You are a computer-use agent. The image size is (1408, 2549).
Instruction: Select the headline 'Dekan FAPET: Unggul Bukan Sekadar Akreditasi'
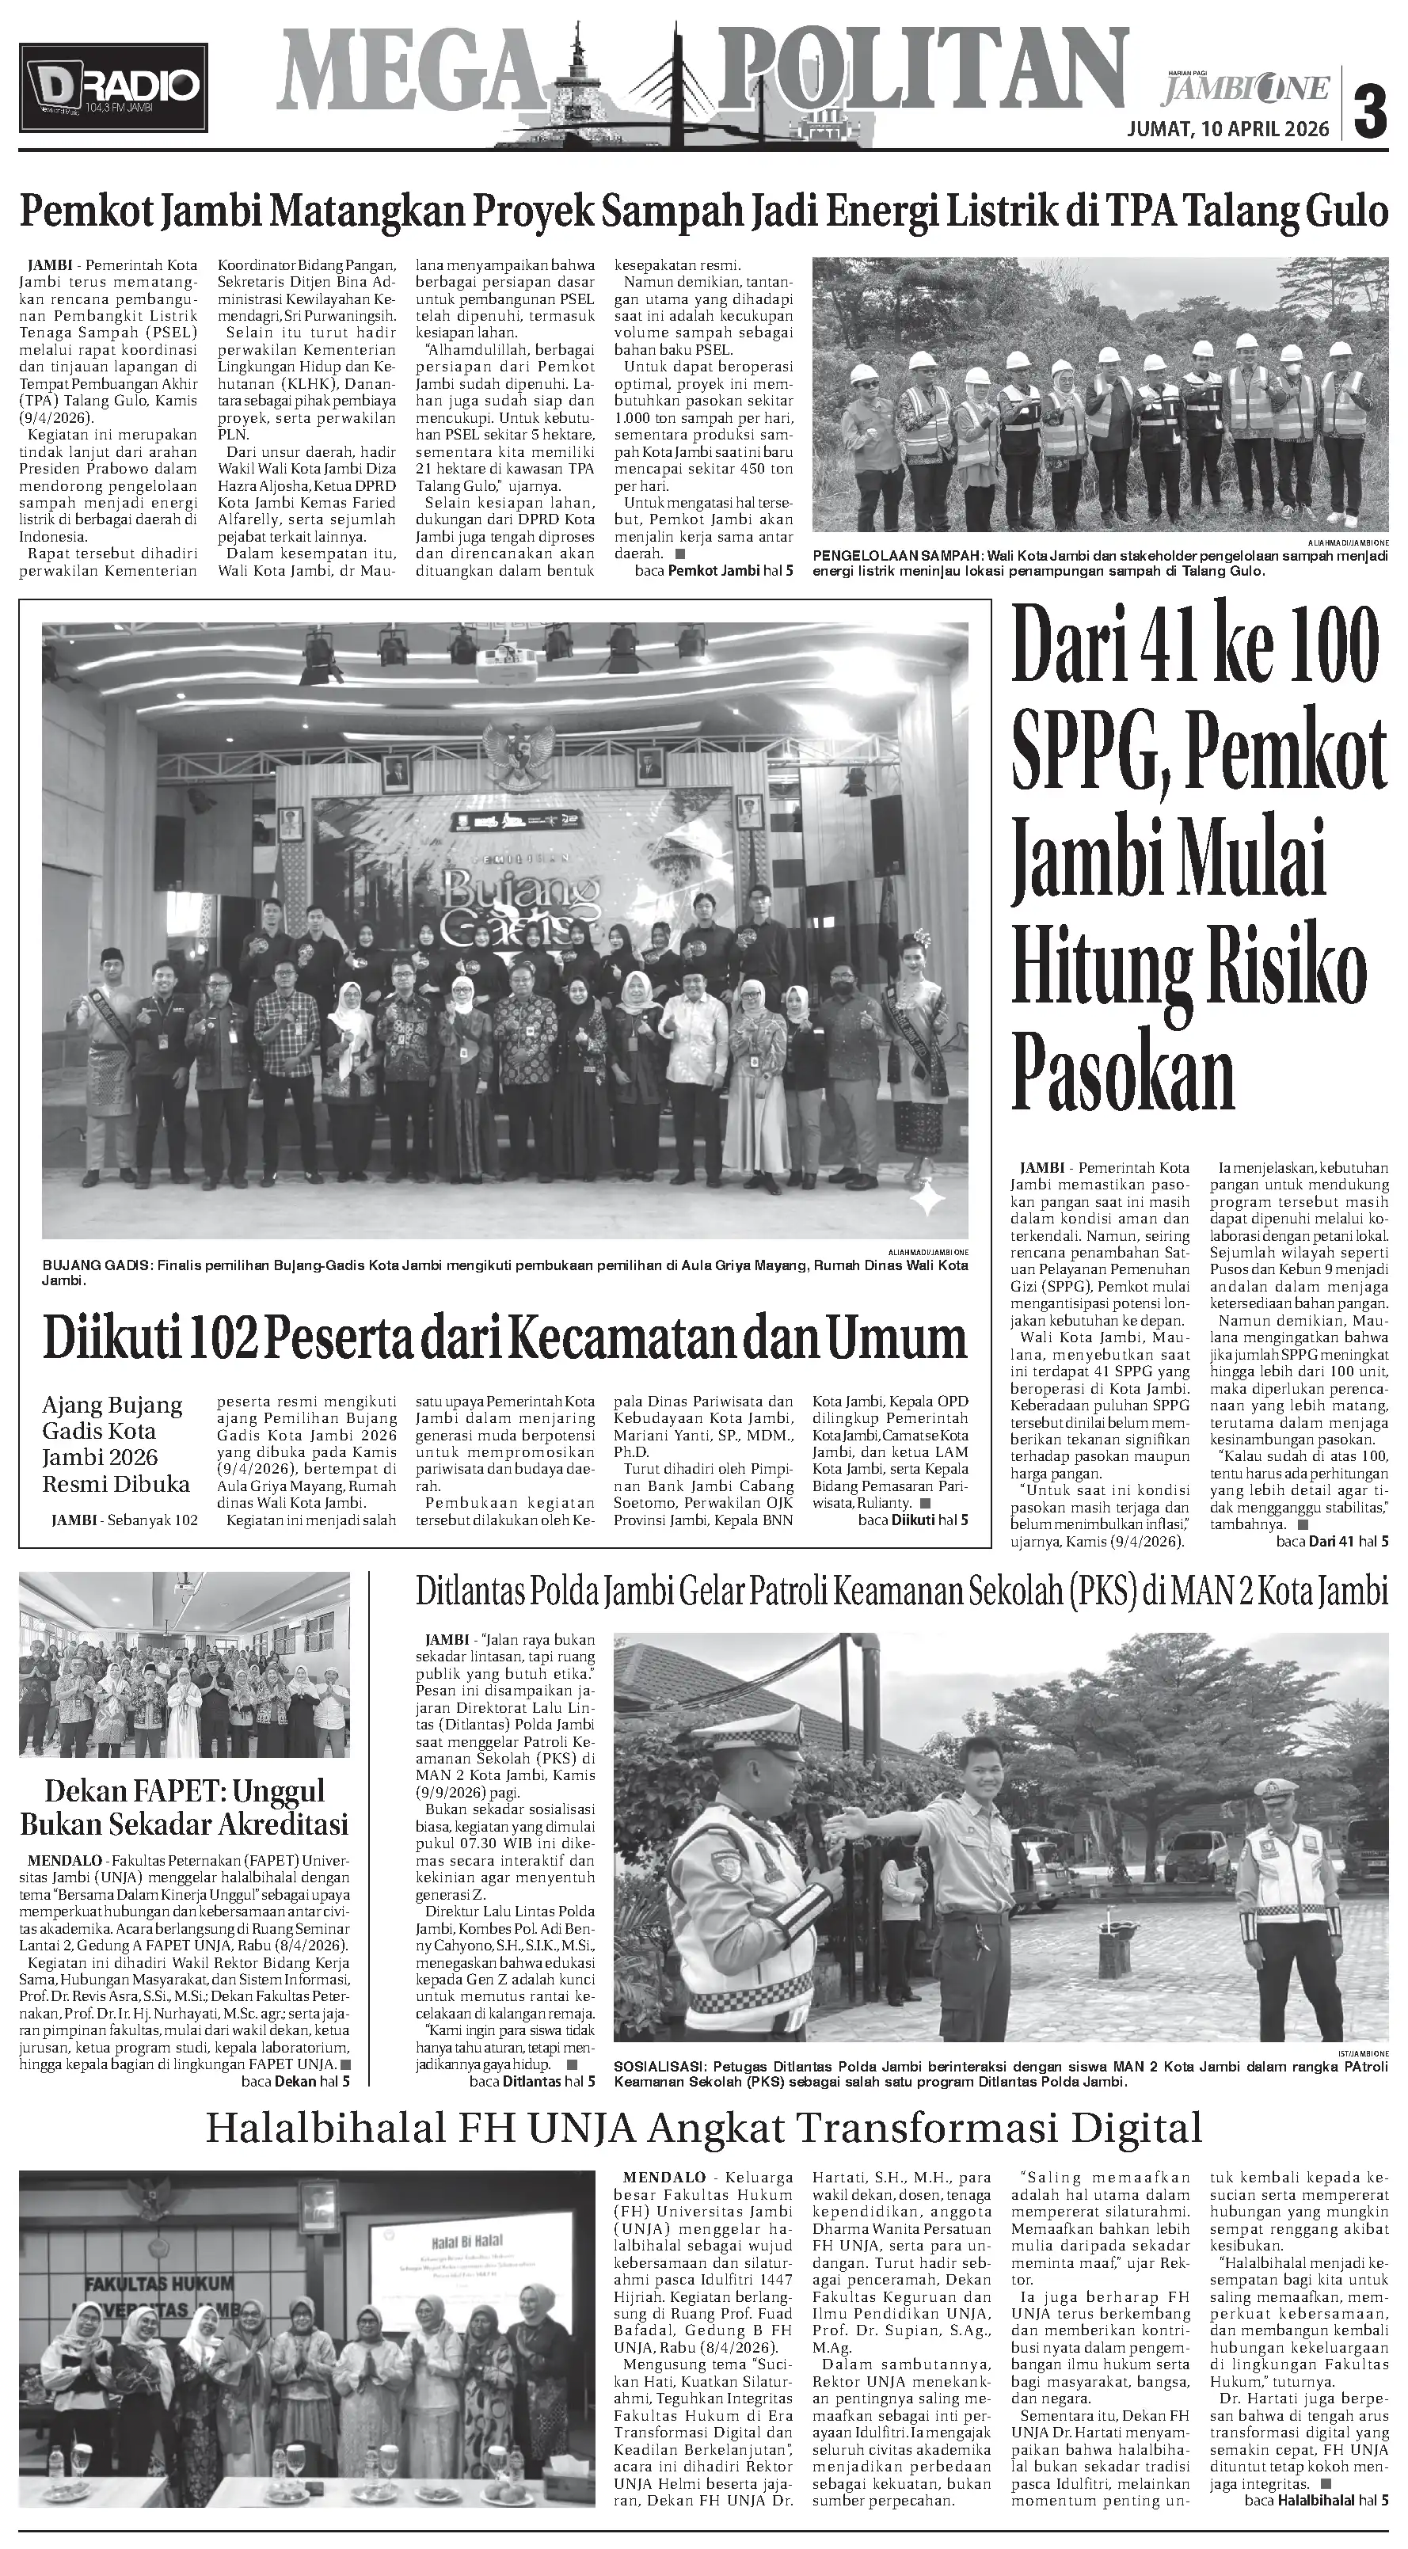[184, 1807]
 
